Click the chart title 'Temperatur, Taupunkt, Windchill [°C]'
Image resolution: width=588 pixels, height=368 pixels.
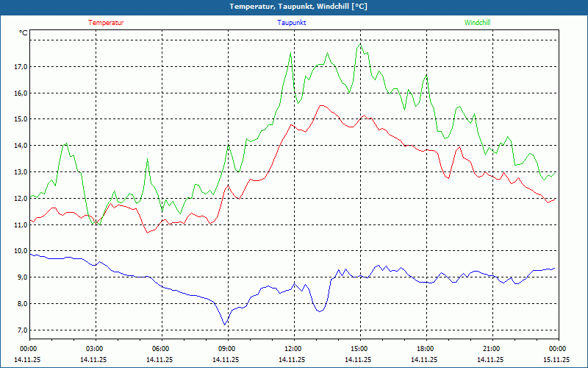293,7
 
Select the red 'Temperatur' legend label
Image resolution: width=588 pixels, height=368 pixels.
106,23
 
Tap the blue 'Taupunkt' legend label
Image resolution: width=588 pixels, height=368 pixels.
292,23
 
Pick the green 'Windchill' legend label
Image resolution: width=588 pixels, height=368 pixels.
477,23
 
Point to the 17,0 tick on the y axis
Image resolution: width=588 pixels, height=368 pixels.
20,67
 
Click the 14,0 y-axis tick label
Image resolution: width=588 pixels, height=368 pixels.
20,146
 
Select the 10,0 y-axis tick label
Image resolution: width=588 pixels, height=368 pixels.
20,251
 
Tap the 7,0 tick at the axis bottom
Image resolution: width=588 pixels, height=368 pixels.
20,330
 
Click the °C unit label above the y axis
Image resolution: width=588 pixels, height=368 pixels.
24,33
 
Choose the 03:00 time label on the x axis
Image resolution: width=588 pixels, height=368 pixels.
95,349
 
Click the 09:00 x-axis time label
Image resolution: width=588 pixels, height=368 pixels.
227,349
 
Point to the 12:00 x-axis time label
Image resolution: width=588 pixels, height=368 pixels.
293,349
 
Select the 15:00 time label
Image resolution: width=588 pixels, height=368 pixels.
359,349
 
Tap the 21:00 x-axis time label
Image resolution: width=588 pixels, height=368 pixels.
492,349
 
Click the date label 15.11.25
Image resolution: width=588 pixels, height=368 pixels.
556,359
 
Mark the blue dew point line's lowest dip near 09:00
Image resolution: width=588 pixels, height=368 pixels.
225,325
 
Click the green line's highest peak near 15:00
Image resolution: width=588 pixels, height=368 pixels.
360,45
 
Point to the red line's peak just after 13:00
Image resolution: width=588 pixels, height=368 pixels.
321,105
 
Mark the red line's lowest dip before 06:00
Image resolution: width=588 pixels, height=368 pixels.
148,233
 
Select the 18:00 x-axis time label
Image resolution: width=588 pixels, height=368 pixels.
426,349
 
